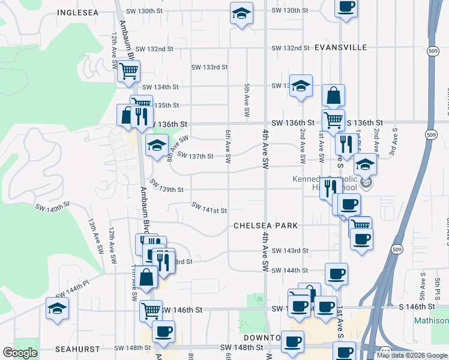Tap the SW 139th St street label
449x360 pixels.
tap(166, 187)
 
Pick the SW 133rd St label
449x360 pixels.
tap(209, 67)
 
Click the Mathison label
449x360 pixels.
tap(431, 321)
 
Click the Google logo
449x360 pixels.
tap(20, 353)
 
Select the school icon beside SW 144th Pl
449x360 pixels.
tap(58, 309)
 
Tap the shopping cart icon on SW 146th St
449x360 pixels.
tap(151, 310)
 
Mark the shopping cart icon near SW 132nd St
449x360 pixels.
tap(128, 71)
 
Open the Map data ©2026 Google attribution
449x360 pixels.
tap(412, 355)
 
